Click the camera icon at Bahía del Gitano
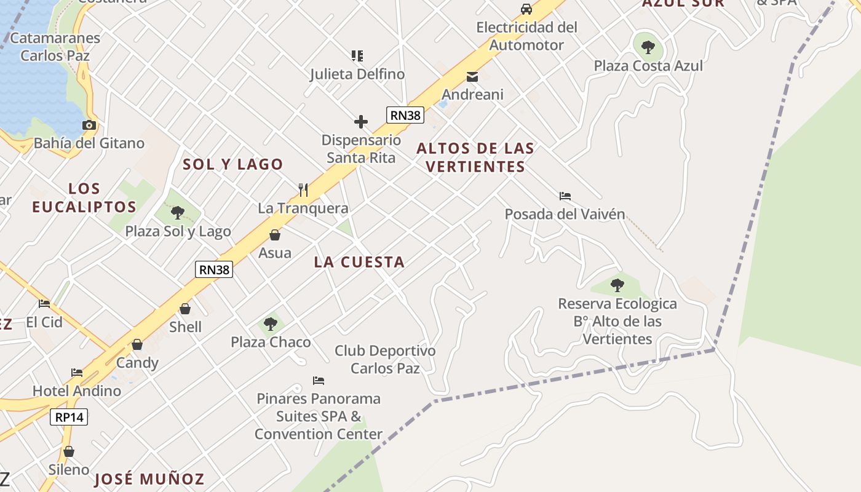89,125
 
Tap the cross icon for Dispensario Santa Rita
361,122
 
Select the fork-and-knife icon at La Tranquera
303,189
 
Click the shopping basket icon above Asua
275,235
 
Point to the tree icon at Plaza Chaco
271,323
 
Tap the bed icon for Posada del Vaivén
565,196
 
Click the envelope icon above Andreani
472,77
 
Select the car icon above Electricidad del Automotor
526,9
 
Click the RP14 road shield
69,417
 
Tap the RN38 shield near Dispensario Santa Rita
405,114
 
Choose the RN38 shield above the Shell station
214,269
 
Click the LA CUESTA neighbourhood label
359,262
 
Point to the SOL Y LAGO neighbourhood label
233,164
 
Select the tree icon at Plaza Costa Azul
648,47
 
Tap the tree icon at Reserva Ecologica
617,285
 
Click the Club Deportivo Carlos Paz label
385,359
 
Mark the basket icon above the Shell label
185,309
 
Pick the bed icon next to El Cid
44,304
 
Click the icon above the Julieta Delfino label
357,56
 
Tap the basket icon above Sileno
69,452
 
